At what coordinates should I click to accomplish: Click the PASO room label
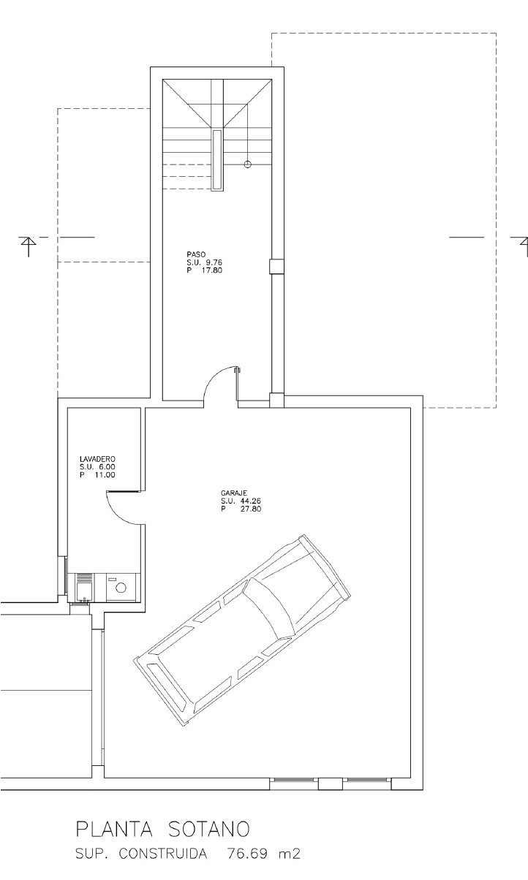coord(196,254)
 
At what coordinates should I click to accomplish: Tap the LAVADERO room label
coord(97,459)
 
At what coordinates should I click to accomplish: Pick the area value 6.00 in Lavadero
coord(107,467)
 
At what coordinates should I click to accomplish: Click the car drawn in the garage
coord(242,632)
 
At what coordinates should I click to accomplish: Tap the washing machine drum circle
coord(121,588)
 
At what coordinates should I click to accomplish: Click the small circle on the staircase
coord(247,164)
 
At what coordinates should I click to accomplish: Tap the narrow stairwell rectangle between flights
coord(217,160)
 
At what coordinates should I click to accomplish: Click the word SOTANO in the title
coord(208,830)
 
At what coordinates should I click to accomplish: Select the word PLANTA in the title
coord(113,830)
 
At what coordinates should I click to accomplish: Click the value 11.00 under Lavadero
coord(105,475)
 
